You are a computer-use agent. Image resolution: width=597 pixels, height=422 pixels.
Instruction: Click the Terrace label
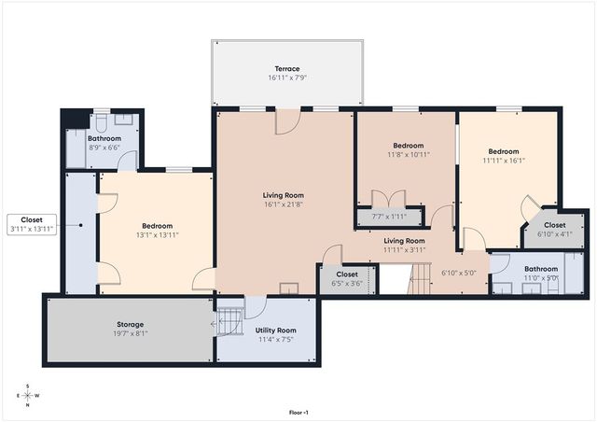286,68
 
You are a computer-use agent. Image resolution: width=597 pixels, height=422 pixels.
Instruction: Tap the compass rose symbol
27,395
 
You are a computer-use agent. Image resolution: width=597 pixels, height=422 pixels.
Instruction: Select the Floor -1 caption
298,412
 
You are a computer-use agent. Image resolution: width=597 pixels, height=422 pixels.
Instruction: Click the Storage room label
130,324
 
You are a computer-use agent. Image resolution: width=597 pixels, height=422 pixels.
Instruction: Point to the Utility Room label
275,331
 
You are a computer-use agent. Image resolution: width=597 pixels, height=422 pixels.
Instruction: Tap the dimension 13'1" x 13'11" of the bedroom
157,235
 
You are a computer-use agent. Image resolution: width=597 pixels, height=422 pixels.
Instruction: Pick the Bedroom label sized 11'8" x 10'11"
408,146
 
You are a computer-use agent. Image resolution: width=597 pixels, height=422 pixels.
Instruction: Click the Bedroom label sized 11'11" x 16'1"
504,151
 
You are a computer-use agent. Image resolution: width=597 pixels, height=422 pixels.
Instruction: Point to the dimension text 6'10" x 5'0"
458,273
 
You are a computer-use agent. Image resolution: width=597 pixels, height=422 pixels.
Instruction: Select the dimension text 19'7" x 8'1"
130,333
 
